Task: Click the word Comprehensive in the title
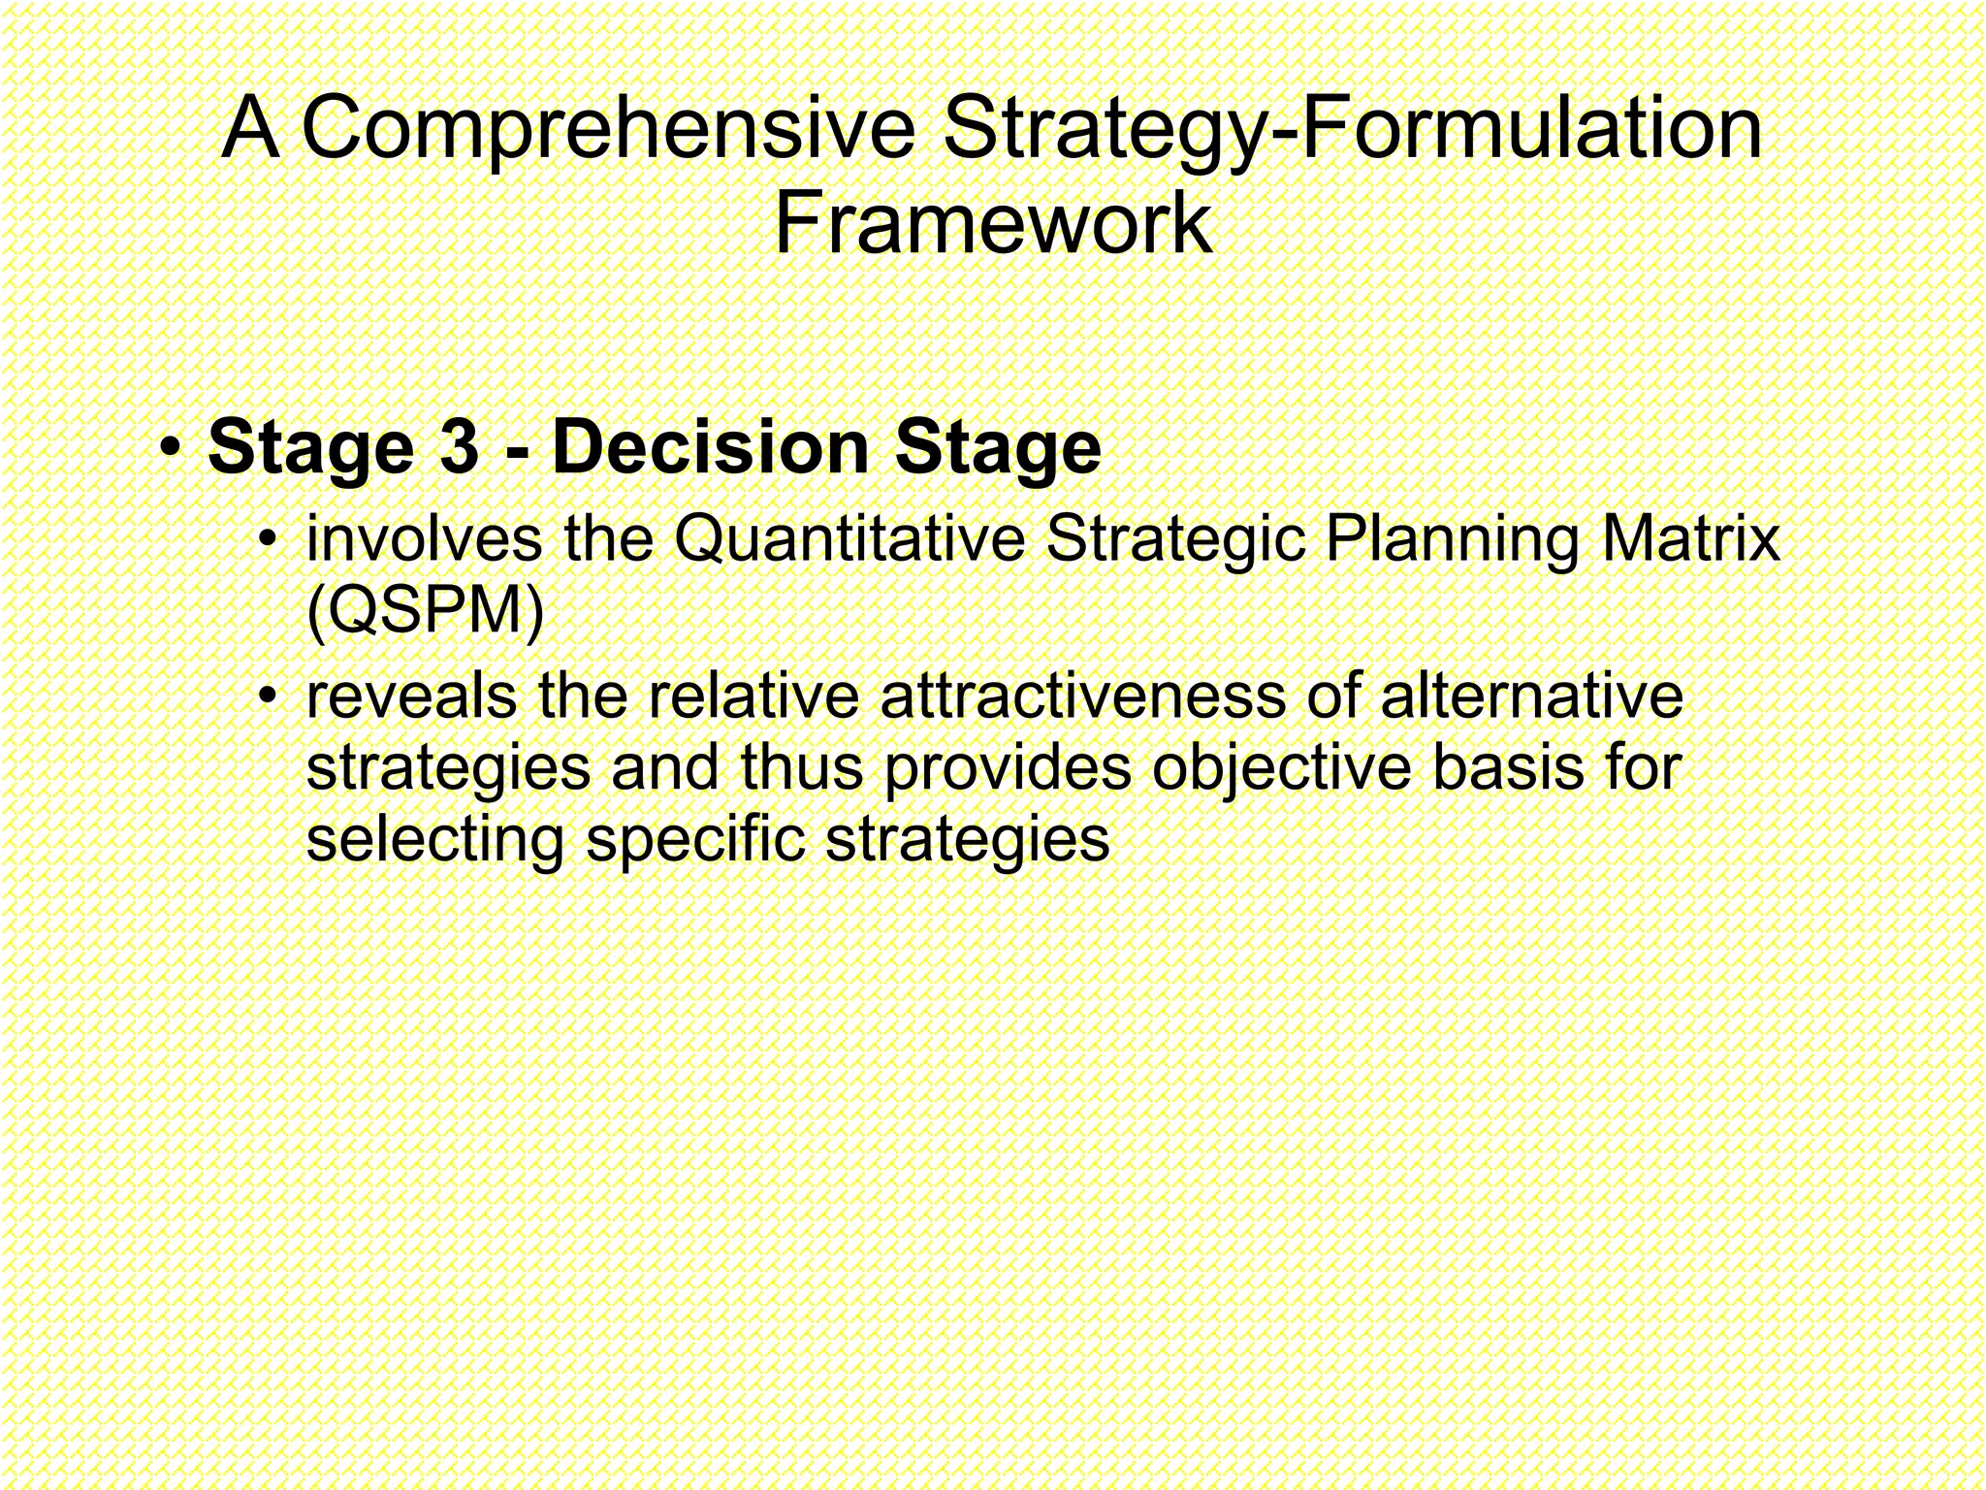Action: pyautogui.click(x=608, y=130)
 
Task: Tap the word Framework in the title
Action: pyautogui.click(x=993, y=225)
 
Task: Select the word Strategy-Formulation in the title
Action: pyautogui.click(x=1352, y=130)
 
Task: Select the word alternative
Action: pyautogui.click(x=1531, y=696)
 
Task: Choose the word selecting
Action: pyautogui.click(x=434, y=840)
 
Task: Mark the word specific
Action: pyautogui.click(x=695, y=840)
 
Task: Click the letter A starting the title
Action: pyautogui.click(x=249, y=130)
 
